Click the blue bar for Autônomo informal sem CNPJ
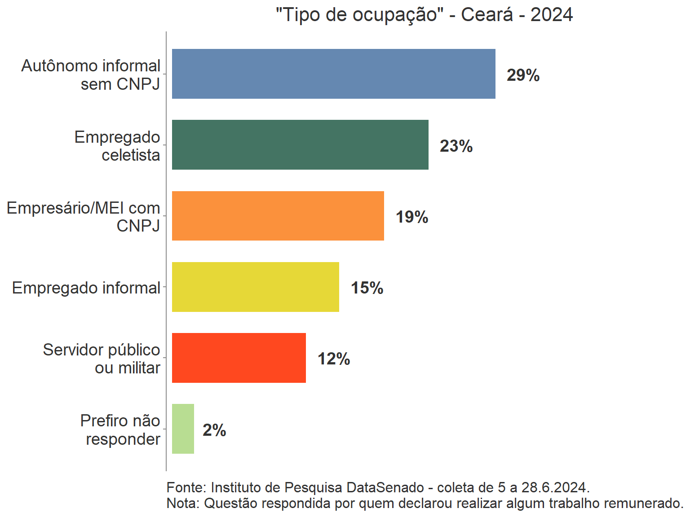point(333,74)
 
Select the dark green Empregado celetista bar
point(300,145)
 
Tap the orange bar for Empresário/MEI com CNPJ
point(278,216)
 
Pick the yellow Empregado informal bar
point(255,287)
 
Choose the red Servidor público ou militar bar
point(239,358)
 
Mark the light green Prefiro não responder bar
point(183,429)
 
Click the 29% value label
point(523,75)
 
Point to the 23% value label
point(456,146)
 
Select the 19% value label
point(411,217)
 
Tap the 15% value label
point(367,288)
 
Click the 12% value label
point(333,359)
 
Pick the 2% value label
point(214,430)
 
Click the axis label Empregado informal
point(86,288)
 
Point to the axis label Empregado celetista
point(117,146)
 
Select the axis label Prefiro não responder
point(120,430)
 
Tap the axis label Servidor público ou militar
point(102,359)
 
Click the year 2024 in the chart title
point(551,15)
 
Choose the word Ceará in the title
point(487,15)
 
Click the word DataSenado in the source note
point(385,487)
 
